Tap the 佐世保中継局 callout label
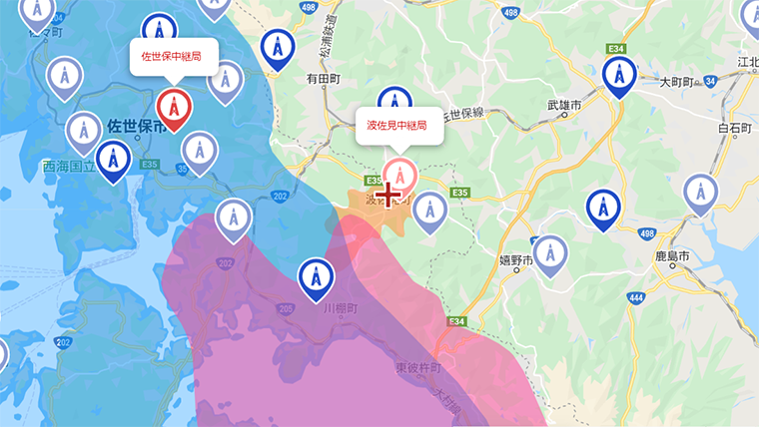pyautogui.click(x=172, y=56)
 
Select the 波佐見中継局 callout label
pyautogui.click(x=397, y=126)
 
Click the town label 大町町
pyautogui.click(x=676, y=81)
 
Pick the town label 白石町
pyautogui.click(x=734, y=127)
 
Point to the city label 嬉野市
pyautogui.click(x=517, y=261)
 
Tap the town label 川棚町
pyautogui.click(x=340, y=308)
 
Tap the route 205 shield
pyautogui.click(x=287, y=309)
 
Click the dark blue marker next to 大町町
pyautogui.click(x=619, y=75)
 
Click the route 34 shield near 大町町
pyautogui.click(x=710, y=80)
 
